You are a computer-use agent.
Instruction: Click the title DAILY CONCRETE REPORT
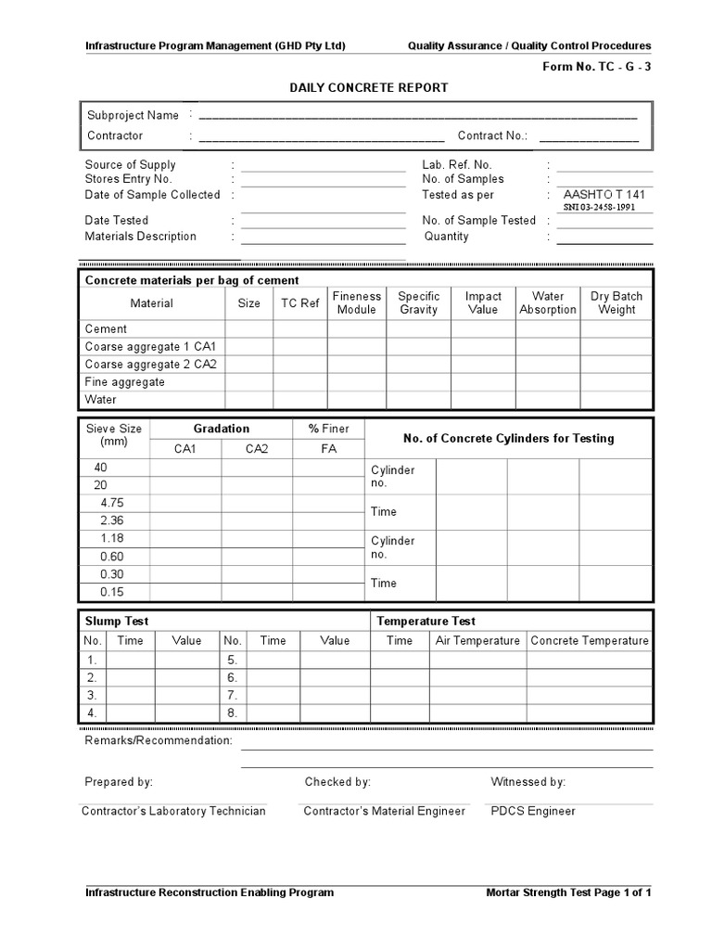coord(368,87)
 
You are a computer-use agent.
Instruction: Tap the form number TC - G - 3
coord(596,67)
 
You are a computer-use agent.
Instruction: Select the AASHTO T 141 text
coord(604,195)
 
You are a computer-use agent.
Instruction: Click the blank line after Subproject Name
coord(417,117)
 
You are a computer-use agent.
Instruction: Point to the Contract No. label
coord(493,135)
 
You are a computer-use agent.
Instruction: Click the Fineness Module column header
coord(356,303)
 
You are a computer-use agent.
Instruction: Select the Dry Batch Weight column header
coord(617,303)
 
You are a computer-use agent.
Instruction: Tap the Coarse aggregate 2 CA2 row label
coord(150,364)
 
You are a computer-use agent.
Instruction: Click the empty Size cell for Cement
coord(248,329)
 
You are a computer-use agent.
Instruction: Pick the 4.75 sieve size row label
coord(112,503)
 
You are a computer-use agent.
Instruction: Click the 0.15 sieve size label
coord(112,592)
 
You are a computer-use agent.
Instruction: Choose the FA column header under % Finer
coord(328,449)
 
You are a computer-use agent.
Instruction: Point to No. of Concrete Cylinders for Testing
coord(508,438)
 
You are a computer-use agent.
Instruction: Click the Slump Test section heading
coord(117,621)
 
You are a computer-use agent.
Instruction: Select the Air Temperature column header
coord(477,641)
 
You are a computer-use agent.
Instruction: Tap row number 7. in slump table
coord(233,695)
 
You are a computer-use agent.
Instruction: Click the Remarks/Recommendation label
coord(158,740)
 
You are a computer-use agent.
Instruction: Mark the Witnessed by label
coord(528,782)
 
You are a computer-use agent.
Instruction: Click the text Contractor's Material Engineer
coord(384,811)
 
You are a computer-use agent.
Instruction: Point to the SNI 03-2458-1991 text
coord(599,207)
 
